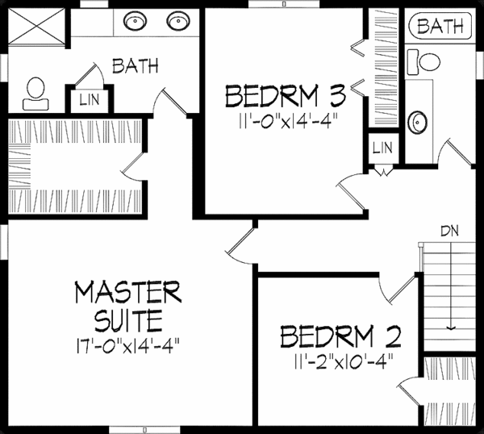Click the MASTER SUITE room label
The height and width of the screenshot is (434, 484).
pos(127,304)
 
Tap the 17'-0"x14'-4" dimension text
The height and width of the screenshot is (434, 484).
pos(127,344)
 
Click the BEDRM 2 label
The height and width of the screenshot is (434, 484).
pos(341,334)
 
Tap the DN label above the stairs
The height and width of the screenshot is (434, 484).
pos(450,230)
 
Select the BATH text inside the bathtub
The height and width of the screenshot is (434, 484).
pos(440,27)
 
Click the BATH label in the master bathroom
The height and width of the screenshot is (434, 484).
pos(135,65)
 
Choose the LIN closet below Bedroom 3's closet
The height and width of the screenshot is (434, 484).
pos(382,149)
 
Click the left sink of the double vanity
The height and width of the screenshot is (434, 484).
pos(135,22)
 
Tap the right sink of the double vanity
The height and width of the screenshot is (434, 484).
pos(177,22)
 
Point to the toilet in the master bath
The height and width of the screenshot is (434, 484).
pos(34,93)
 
